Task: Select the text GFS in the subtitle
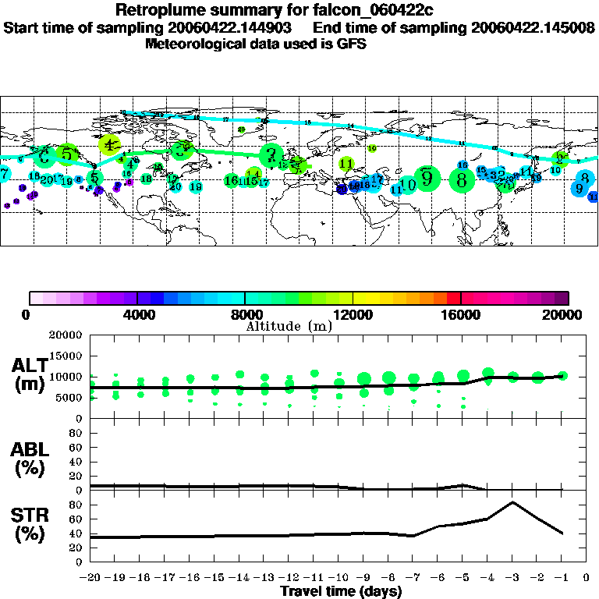pyautogui.click(x=351, y=44)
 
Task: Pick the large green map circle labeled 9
pyautogui.click(x=427, y=178)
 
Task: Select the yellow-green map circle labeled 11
pyautogui.click(x=347, y=163)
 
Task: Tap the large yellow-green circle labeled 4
pyautogui.click(x=110, y=144)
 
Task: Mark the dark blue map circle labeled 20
pyautogui.click(x=342, y=189)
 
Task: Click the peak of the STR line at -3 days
pyautogui.click(x=512, y=502)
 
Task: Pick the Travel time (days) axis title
pyautogui.click(x=341, y=591)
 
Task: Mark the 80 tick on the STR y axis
pyautogui.click(x=76, y=505)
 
